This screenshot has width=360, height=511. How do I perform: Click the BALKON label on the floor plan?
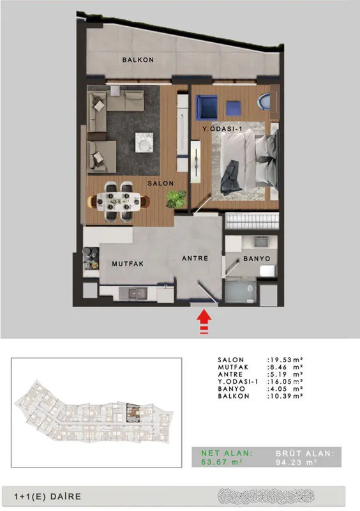pos(138,59)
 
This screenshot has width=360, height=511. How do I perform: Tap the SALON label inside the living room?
pos(161,183)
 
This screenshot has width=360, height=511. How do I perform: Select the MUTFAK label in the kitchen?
pos(128,264)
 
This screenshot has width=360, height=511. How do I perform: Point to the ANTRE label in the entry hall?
pos(195,258)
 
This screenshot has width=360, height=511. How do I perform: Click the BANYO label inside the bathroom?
pos(257,259)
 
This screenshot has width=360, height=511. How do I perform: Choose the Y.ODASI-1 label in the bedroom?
pos(222,129)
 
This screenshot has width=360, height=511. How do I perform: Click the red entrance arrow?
pos(204,322)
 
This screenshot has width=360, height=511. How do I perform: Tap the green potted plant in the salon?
pos(176,199)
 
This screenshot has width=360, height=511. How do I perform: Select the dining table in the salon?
pos(119,202)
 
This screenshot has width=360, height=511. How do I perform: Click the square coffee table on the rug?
pos(144,142)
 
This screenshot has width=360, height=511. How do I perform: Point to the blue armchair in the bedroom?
pos(207,107)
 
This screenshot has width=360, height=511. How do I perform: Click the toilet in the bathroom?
pos(268,271)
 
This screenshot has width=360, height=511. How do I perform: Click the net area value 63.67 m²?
pos(221,462)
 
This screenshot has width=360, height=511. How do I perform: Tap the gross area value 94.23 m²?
pos(296,462)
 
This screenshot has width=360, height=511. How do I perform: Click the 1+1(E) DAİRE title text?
pos(48,497)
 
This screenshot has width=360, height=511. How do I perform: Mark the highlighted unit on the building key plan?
pos(133,413)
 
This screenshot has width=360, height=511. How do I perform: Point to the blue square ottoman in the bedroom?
pos(234,109)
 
